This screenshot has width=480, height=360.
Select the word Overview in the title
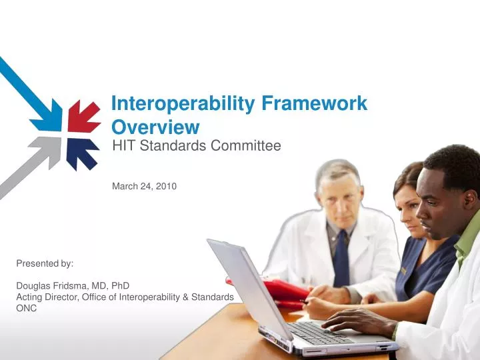pyautogui.click(x=155, y=127)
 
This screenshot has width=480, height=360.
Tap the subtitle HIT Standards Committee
pyautogui.click(x=197, y=145)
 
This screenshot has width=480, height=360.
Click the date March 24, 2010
pyautogui.click(x=144, y=187)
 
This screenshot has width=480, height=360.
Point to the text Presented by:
pyautogui.click(x=45, y=263)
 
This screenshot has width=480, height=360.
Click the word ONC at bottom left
pyautogui.click(x=27, y=307)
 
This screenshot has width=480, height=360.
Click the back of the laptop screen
pyautogui.click(x=247, y=287)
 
